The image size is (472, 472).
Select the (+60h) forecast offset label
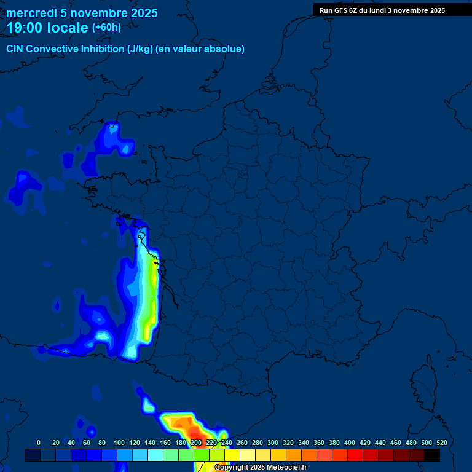pos(106,28)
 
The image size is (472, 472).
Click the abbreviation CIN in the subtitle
pos(16,49)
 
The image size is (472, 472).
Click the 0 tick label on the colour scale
pos(39,442)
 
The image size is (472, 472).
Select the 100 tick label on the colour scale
pos(119,442)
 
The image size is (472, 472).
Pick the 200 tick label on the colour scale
pos(196,442)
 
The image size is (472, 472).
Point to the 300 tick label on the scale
pos(273,442)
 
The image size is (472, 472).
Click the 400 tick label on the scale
pos(350,442)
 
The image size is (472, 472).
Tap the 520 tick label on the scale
pos(441,442)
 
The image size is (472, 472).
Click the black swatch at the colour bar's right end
pos(432,455)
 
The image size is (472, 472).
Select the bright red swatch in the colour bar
pos(355,455)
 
